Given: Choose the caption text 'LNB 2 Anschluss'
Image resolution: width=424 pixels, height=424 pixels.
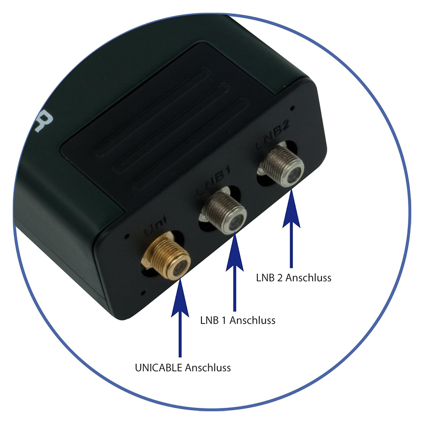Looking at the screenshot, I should pos(293,278).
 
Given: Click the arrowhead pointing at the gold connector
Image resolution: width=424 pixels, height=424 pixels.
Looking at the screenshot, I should pos(180,297).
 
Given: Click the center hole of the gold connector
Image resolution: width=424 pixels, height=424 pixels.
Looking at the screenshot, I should pos(177,266).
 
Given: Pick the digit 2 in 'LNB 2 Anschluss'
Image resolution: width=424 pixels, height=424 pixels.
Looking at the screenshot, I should pos(280,278).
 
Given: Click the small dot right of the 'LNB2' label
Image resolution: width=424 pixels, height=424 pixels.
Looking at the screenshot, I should pos(293,108).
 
